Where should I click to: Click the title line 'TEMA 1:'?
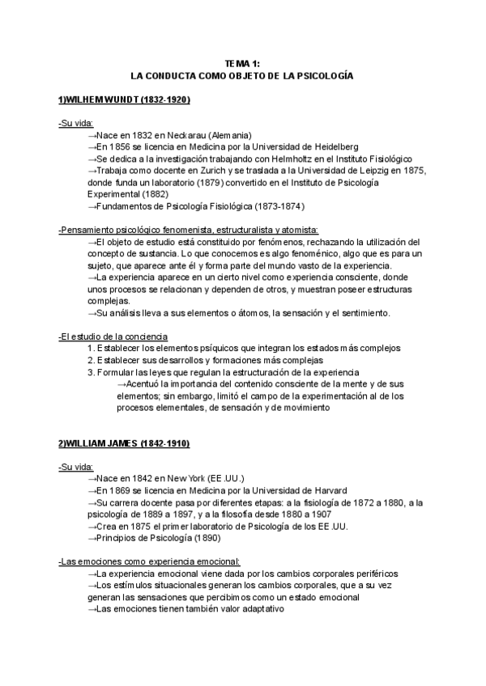[243, 63]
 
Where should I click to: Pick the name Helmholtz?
[287, 159]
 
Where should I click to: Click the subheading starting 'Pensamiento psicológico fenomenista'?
[189, 230]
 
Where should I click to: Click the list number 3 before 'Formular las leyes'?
[91, 372]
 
